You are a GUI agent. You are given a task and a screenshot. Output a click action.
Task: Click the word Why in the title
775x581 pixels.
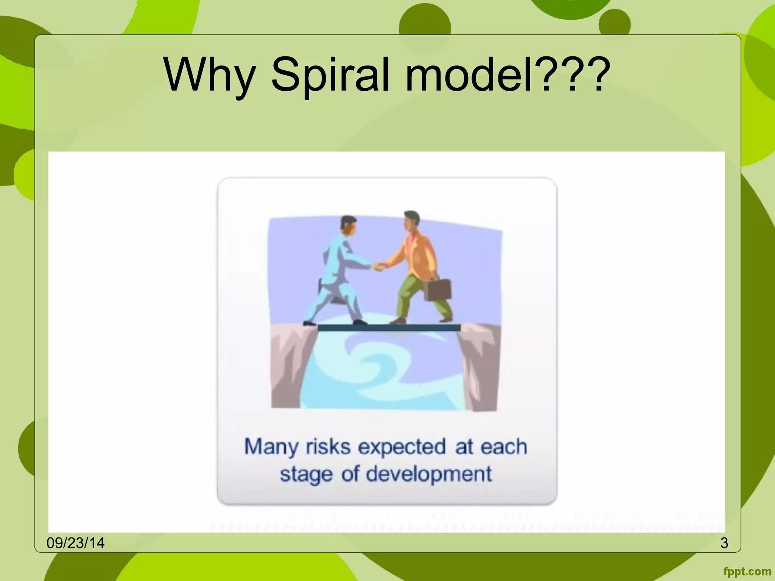click(210, 75)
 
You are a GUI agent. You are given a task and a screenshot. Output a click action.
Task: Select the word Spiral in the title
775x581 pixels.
click(330, 75)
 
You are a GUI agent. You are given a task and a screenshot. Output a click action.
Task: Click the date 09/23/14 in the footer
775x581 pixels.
click(75, 543)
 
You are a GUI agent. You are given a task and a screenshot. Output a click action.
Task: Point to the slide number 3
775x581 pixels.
click(724, 543)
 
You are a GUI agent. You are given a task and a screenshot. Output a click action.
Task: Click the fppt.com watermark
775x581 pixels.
click(747, 572)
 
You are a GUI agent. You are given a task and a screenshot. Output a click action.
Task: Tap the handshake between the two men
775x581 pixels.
click(379, 267)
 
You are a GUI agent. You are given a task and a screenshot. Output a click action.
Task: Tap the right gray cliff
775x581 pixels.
click(480, 367)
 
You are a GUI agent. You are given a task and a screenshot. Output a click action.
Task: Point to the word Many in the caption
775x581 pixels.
click(271, 447)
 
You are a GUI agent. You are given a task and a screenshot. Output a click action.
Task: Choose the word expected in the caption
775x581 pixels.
click(402, 447)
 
